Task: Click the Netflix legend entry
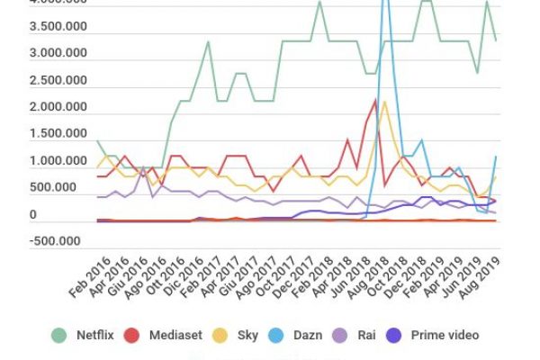[x=94, y=336]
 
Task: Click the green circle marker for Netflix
[x=60, y=336]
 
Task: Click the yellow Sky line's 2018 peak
[x=384, y=102]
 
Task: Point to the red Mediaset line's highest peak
[x=374, y=100]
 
